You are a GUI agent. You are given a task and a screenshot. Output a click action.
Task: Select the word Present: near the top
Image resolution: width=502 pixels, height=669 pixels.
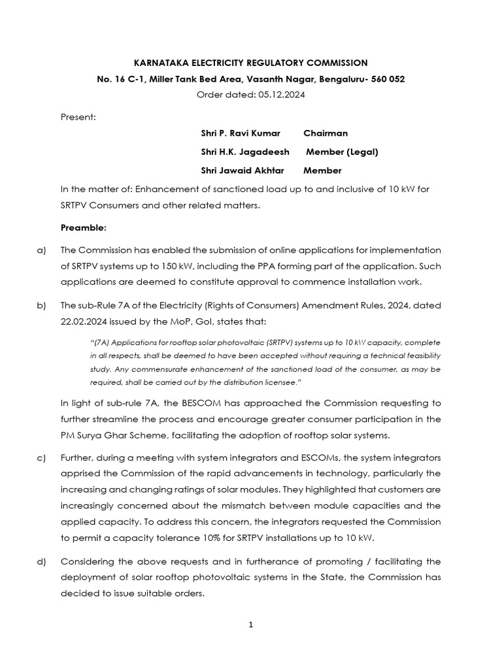78,117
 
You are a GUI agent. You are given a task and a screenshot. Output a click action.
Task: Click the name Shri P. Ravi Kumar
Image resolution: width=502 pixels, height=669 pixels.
241,133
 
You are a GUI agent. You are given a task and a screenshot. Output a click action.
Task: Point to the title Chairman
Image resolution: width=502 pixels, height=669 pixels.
326,133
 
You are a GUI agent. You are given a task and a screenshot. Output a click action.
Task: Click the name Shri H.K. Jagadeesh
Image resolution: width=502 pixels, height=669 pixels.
245,152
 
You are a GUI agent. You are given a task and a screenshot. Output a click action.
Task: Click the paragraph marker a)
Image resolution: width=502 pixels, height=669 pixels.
42,250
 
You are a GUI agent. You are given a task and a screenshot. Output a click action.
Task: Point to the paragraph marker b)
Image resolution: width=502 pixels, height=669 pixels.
42,305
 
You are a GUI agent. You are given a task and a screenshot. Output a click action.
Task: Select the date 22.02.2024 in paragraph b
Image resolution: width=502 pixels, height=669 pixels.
84,321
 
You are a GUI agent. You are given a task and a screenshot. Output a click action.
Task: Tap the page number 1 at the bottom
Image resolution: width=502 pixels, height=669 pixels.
251,625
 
